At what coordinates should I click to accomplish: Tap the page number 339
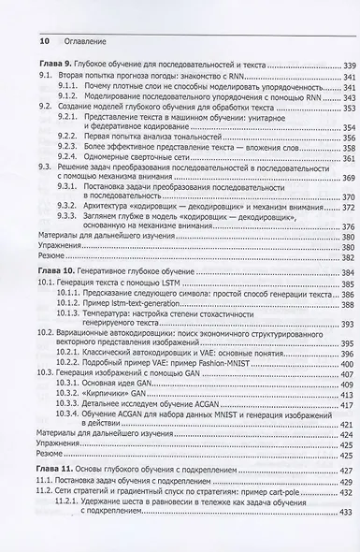[x=342, y=64]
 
